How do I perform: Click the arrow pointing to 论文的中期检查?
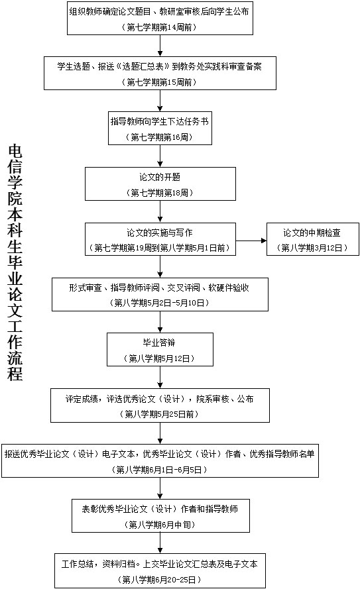(x=251, y=241)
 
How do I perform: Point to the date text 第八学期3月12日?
(x=312, y=248)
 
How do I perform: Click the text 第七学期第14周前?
(x=160, y=27)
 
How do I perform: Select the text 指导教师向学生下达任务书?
(x=160, y=121)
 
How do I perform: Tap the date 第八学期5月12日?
(x=159, y=358)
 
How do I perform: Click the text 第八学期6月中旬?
(x=160, y=525)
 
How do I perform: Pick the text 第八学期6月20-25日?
(x=159, y=580)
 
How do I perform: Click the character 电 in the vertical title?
(x=15, y=151)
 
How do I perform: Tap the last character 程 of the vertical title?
(x=15, y=374)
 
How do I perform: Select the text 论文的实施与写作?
(x=160, y=233)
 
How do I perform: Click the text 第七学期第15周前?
(x=160, y=82)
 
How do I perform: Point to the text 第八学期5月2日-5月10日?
(x=159, y=303)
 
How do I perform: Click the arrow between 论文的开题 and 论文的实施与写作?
(x=160, y=211)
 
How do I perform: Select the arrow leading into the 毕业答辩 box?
(x=160, y=322)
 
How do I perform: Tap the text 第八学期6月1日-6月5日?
(x=159, y=470)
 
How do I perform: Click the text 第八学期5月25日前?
(x=159, y=414)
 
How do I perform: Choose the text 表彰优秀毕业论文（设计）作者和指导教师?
(x=160, y=509)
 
